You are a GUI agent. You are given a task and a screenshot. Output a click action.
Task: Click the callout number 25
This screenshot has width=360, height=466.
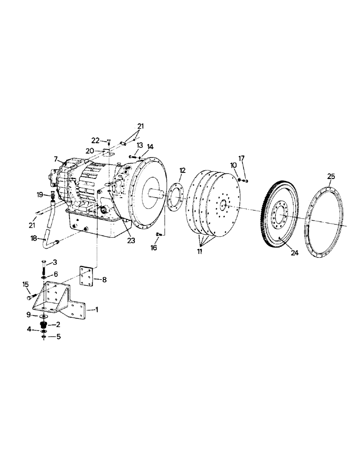(x=331, y=176)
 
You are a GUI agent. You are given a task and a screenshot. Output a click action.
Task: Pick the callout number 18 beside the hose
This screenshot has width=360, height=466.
(x=33, y=239)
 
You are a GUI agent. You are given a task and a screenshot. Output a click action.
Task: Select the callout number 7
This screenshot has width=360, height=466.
(x=56, y=159)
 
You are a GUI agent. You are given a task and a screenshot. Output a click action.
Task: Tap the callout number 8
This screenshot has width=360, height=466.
(x=104, y=280)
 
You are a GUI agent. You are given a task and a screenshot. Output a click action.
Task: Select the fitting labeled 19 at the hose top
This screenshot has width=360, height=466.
(x=52, y=195)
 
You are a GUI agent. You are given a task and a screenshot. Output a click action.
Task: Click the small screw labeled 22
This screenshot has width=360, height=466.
(x=108, y=141)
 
